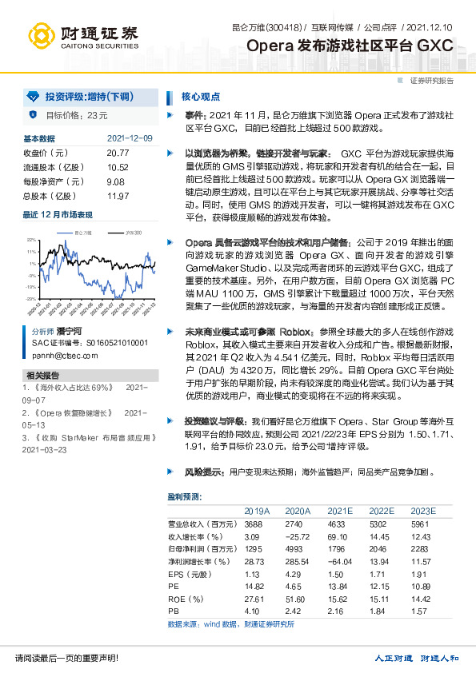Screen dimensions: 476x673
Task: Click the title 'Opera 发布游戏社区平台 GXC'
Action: pyautogui.click(x=351, y=46)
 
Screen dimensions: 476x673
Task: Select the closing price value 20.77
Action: pyautogui.click(x=117, y=153)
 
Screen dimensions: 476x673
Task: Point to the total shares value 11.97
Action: pyautogui.click(x=117, y=196)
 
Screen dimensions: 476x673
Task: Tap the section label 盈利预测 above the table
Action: pyautogui.click(x=184, y=497)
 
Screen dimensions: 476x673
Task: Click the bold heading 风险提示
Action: pyautogui.click(x=204, y=473)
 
